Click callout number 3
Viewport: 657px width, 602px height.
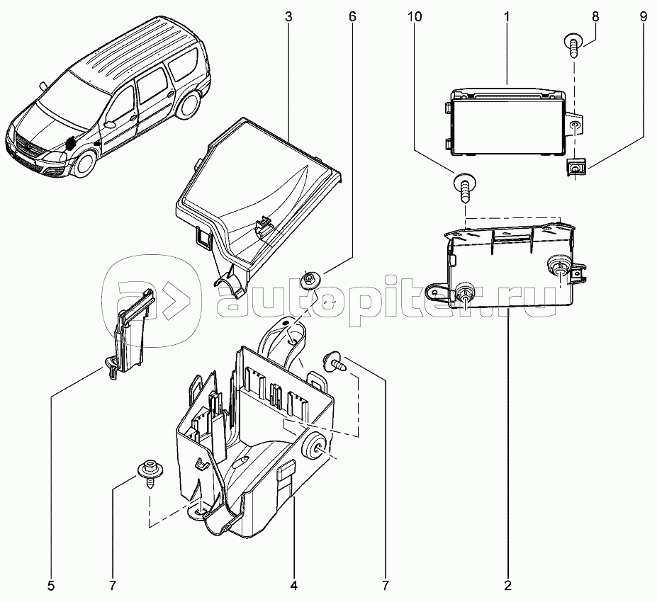pyautogui.click(x=288, y=16)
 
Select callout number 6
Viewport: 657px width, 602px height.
pyautogui.click(x=352, y=16)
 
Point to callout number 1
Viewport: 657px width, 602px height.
pyautogui.click(x=508, y=16)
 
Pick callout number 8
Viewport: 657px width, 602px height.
pyautogui.click(x=595, y=16)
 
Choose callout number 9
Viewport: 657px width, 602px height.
pyautogui.click(x=643, y=16)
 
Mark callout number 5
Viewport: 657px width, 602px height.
pyautogui.click(x=51, y=586)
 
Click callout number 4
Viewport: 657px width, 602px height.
pyautogui.click(x=293, y=586)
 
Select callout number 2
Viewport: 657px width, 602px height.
pyautogui.click(x=508, y=586)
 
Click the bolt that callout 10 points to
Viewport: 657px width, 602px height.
pyautogui.click(x=463, y=187)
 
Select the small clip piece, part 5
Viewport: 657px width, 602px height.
pyautogui.click(x=132, y=333)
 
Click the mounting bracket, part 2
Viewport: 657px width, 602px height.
pyautogui.click(x=510, y=266)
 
